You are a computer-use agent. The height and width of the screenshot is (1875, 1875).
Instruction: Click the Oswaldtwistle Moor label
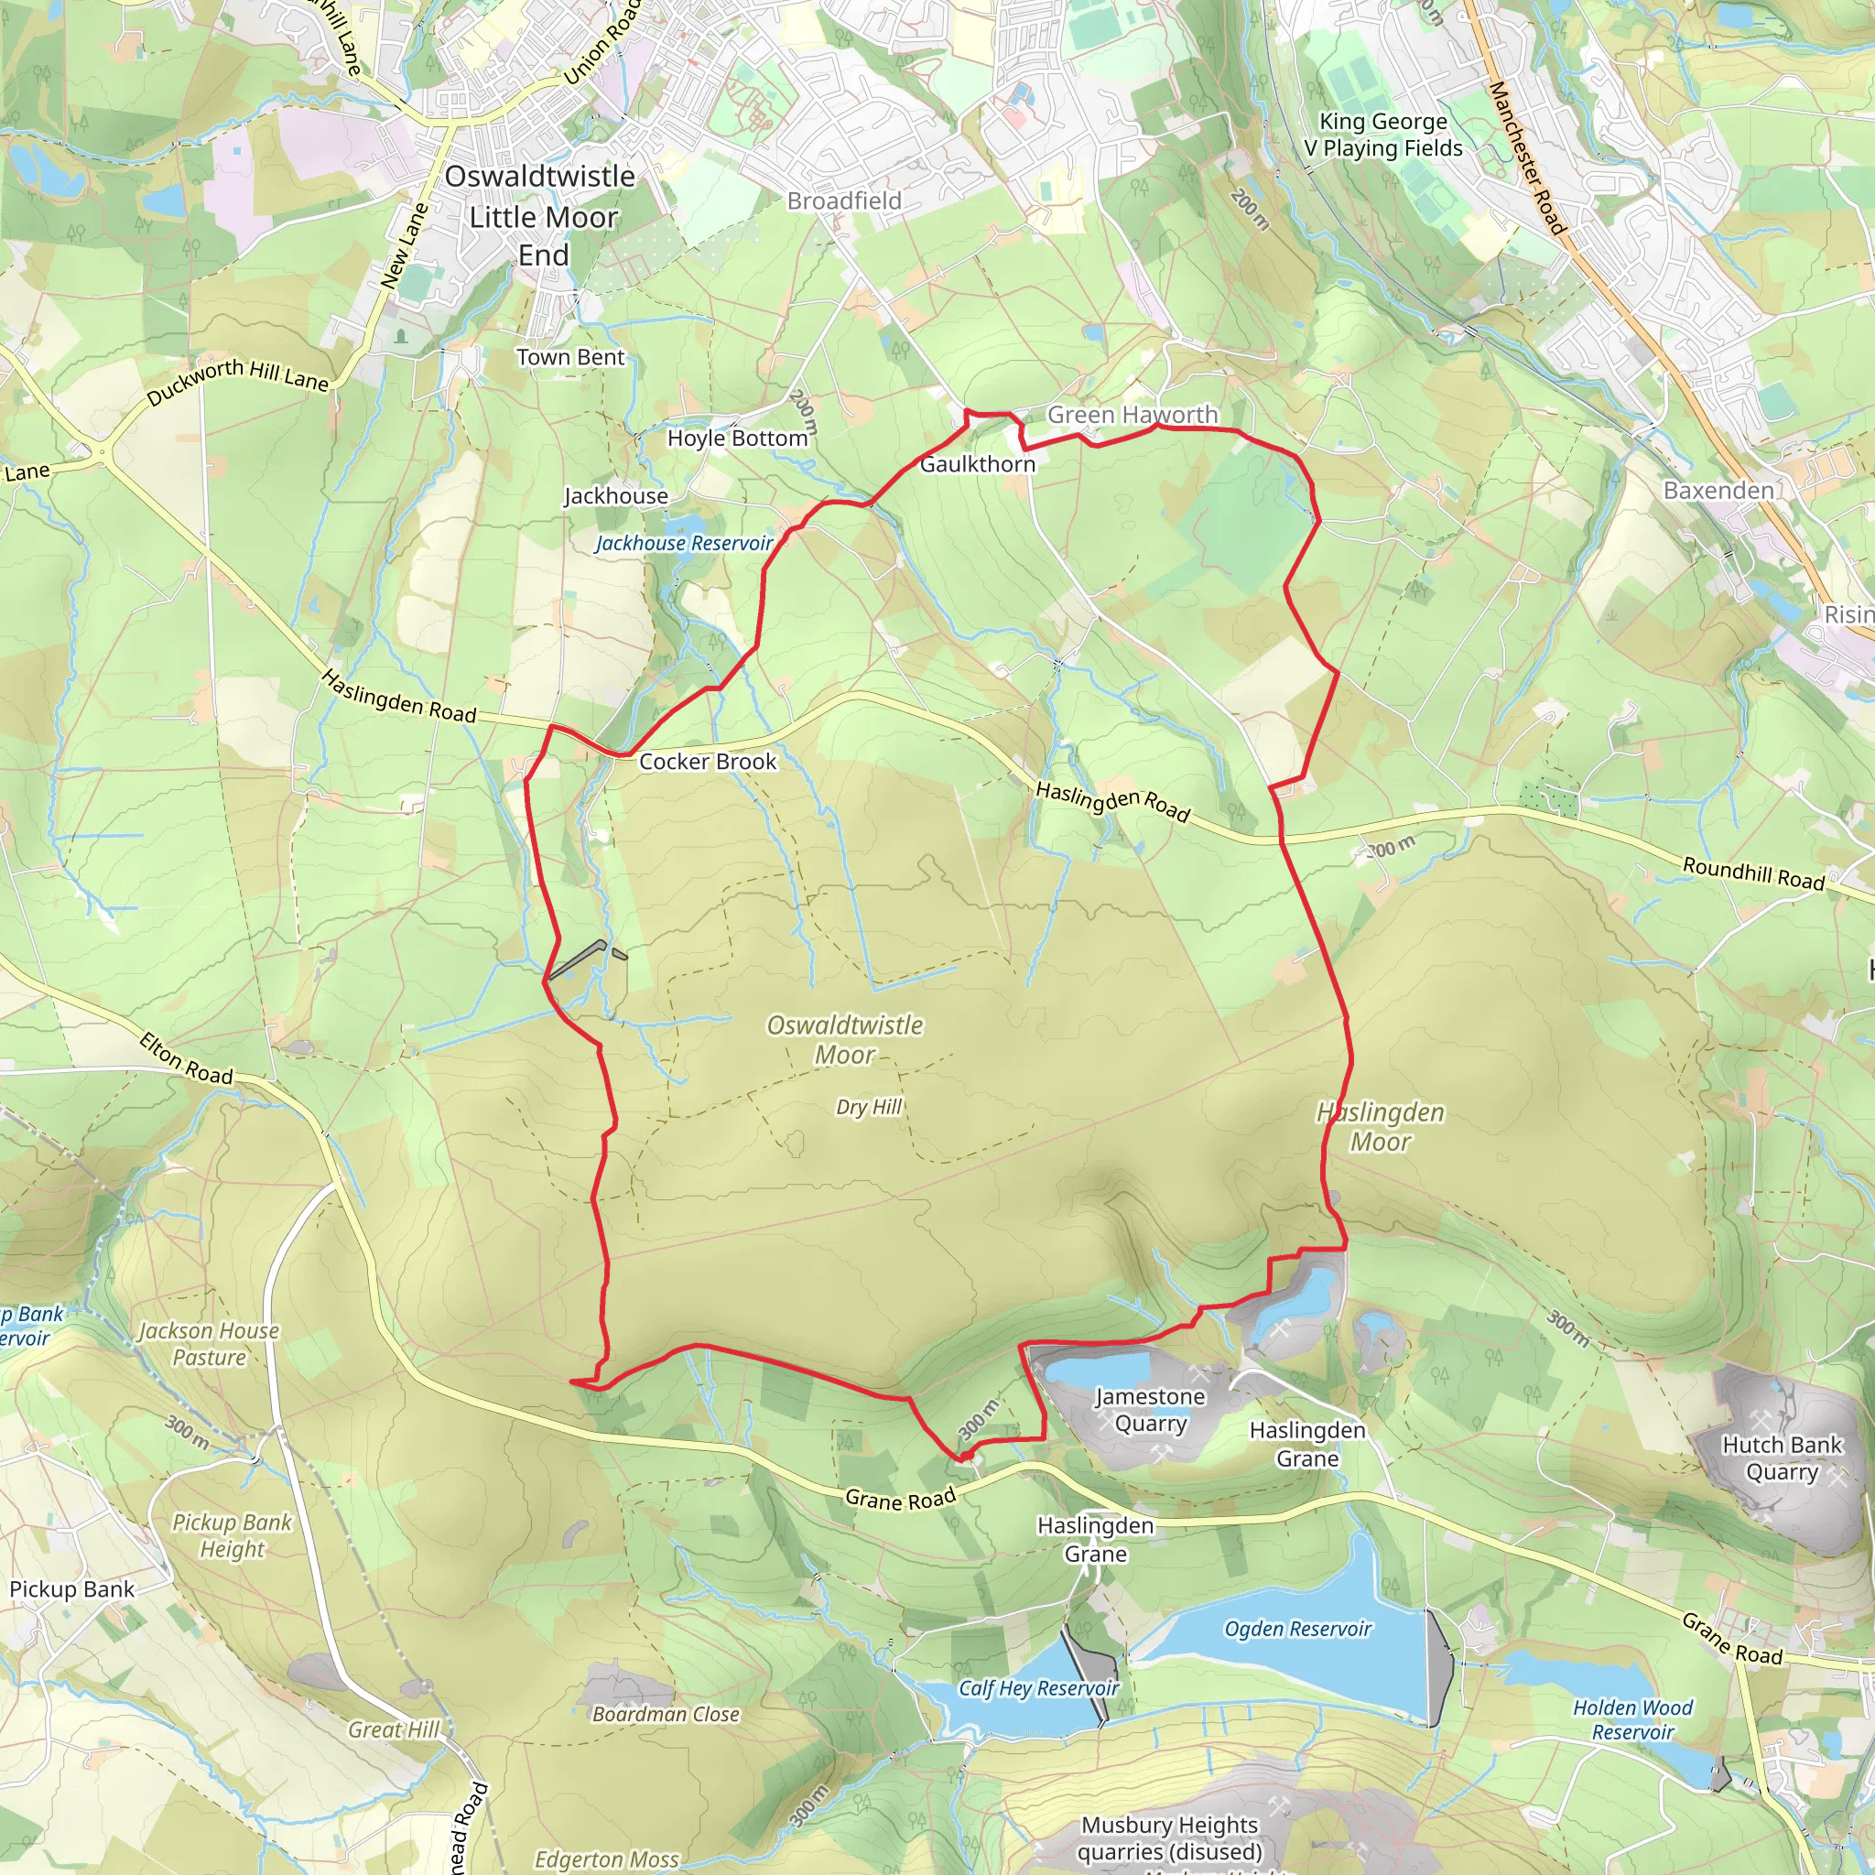point(844,1039)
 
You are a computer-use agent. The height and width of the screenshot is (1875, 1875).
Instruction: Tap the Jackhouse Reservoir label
point(684,544)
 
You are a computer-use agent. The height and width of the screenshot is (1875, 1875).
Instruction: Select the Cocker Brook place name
point(708,762)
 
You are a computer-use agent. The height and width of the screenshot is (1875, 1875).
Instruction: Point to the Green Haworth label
point(1132,415)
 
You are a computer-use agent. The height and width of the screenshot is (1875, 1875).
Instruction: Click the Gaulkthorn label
point(977,464)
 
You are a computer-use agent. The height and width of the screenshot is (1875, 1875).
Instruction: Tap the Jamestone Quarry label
point(1150,1410)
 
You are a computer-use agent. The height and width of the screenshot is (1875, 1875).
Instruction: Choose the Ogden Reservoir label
point(1297,1630)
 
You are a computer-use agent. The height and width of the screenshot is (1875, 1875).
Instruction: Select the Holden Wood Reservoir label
point(1633,1720)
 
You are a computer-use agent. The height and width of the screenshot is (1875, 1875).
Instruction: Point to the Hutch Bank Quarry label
point(1781,1458)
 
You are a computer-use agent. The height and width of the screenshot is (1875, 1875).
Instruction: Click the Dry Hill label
point(869,1108)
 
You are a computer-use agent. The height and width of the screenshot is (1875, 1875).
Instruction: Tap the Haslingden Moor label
point(1380,1127)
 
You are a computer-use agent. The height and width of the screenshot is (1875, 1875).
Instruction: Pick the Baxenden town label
point(1718,490)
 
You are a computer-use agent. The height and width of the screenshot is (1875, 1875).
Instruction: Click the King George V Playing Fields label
point(1383,135)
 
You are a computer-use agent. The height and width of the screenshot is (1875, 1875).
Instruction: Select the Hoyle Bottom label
point(738,439)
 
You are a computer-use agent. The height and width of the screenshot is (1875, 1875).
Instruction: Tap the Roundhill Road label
point(1752,872)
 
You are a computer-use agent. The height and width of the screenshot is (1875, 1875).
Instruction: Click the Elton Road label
point(187,1059)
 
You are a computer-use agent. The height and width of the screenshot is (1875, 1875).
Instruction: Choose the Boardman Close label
point(666,1715)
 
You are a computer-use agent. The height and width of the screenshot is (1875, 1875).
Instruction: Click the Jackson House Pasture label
point(209,1344)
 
